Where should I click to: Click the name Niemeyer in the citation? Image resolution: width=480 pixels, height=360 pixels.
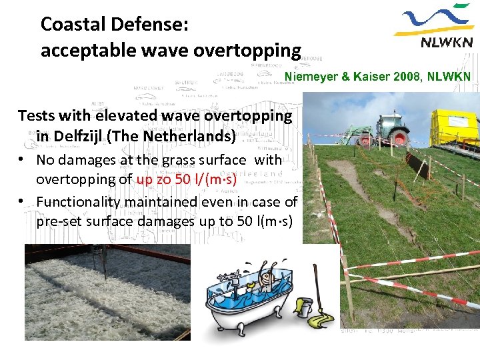click(x=312, y=77)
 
